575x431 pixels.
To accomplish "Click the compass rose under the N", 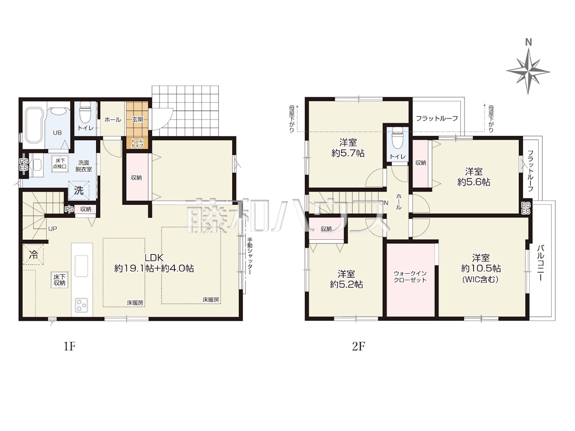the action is [x=528, y=71].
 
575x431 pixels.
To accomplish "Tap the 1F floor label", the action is [x=70, y=347].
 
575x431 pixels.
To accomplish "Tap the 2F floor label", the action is [x=358, y=347].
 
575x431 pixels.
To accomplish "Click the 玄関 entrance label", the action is [x=137, y=119].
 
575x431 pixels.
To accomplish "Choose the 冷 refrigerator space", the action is [x=33, y=255].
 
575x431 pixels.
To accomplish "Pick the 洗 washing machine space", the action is [x=79, y=191].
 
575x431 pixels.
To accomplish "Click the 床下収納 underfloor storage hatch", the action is [x=59, y=280].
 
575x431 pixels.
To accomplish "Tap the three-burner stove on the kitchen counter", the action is [x=81, y=305].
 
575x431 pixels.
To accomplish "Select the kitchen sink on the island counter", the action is [x=81, y=266].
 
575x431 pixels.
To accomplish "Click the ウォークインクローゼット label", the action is [x=410, y=277].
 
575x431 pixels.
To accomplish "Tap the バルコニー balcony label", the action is [x=540, y=263].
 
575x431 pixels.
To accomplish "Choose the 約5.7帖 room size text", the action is [x=348, y=153].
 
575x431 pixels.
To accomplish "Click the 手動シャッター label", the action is [x=250, y=256].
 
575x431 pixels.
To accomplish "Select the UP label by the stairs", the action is [x=53, y=229].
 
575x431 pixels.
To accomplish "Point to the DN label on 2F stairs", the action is [x=384, y=203].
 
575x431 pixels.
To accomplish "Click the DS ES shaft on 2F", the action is [x=526, y=208].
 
